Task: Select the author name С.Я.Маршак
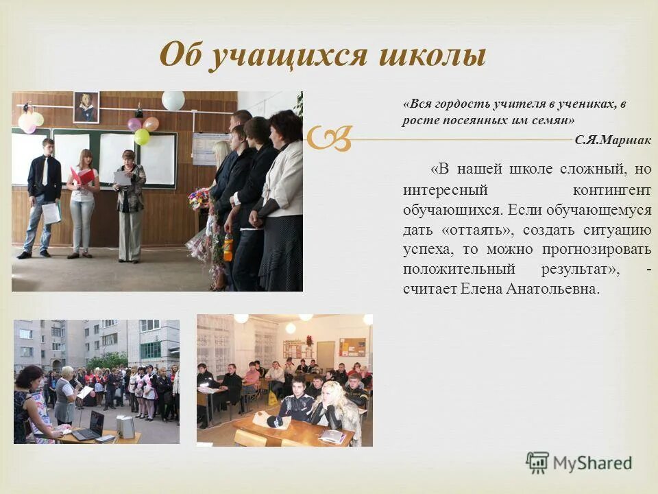pyautogui.click(x=613, y=140)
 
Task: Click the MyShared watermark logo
pyautogui.click(x=578, y=464)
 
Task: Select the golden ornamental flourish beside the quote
pyautogui.click(x=330, y=138)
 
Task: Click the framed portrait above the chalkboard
pyautogui.click(x=86, y=108)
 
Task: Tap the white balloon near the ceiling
pyautogui.click(x=173, y=100)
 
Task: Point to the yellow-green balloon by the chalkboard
pyautogui.click(x=142, y=137)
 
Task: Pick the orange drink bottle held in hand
pyautogui.click(x=228, y=246)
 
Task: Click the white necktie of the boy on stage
pyautogui.click(x=45, y=171)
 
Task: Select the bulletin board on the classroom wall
pyautogui.click(x=352, y=346)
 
